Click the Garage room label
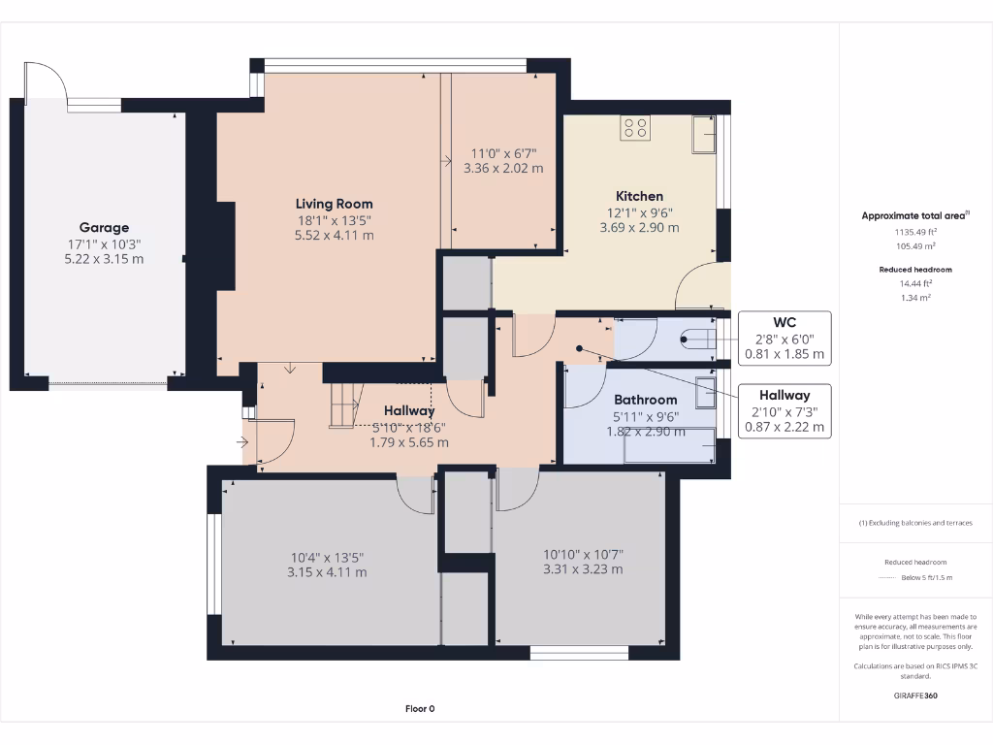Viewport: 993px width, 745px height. point(104,227)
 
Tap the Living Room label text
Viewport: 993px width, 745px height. point(334,204)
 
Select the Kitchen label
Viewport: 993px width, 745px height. point(640,196)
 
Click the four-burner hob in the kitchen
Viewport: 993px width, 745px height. point(635,128)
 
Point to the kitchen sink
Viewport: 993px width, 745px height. point(704,134)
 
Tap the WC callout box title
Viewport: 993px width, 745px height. point(784,322)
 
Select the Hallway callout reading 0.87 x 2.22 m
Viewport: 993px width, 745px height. point(785,427)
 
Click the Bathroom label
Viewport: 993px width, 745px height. point(645,400)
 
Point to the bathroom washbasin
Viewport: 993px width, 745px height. point(705,392)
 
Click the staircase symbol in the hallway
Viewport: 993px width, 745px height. point(344,405)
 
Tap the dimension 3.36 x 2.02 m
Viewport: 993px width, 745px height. point(503,169)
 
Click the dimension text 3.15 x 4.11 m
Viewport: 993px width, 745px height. point(327,572)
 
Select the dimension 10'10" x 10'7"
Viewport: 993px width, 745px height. point(583,555)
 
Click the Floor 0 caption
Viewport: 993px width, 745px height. point(420,709)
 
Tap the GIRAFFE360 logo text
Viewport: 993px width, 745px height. point(915,696)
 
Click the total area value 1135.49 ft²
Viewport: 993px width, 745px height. point(915,232)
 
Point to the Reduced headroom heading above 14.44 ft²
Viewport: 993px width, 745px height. point(915,270)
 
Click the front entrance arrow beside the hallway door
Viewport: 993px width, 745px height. point(242,442)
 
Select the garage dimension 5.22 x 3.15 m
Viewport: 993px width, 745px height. point(104,259)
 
